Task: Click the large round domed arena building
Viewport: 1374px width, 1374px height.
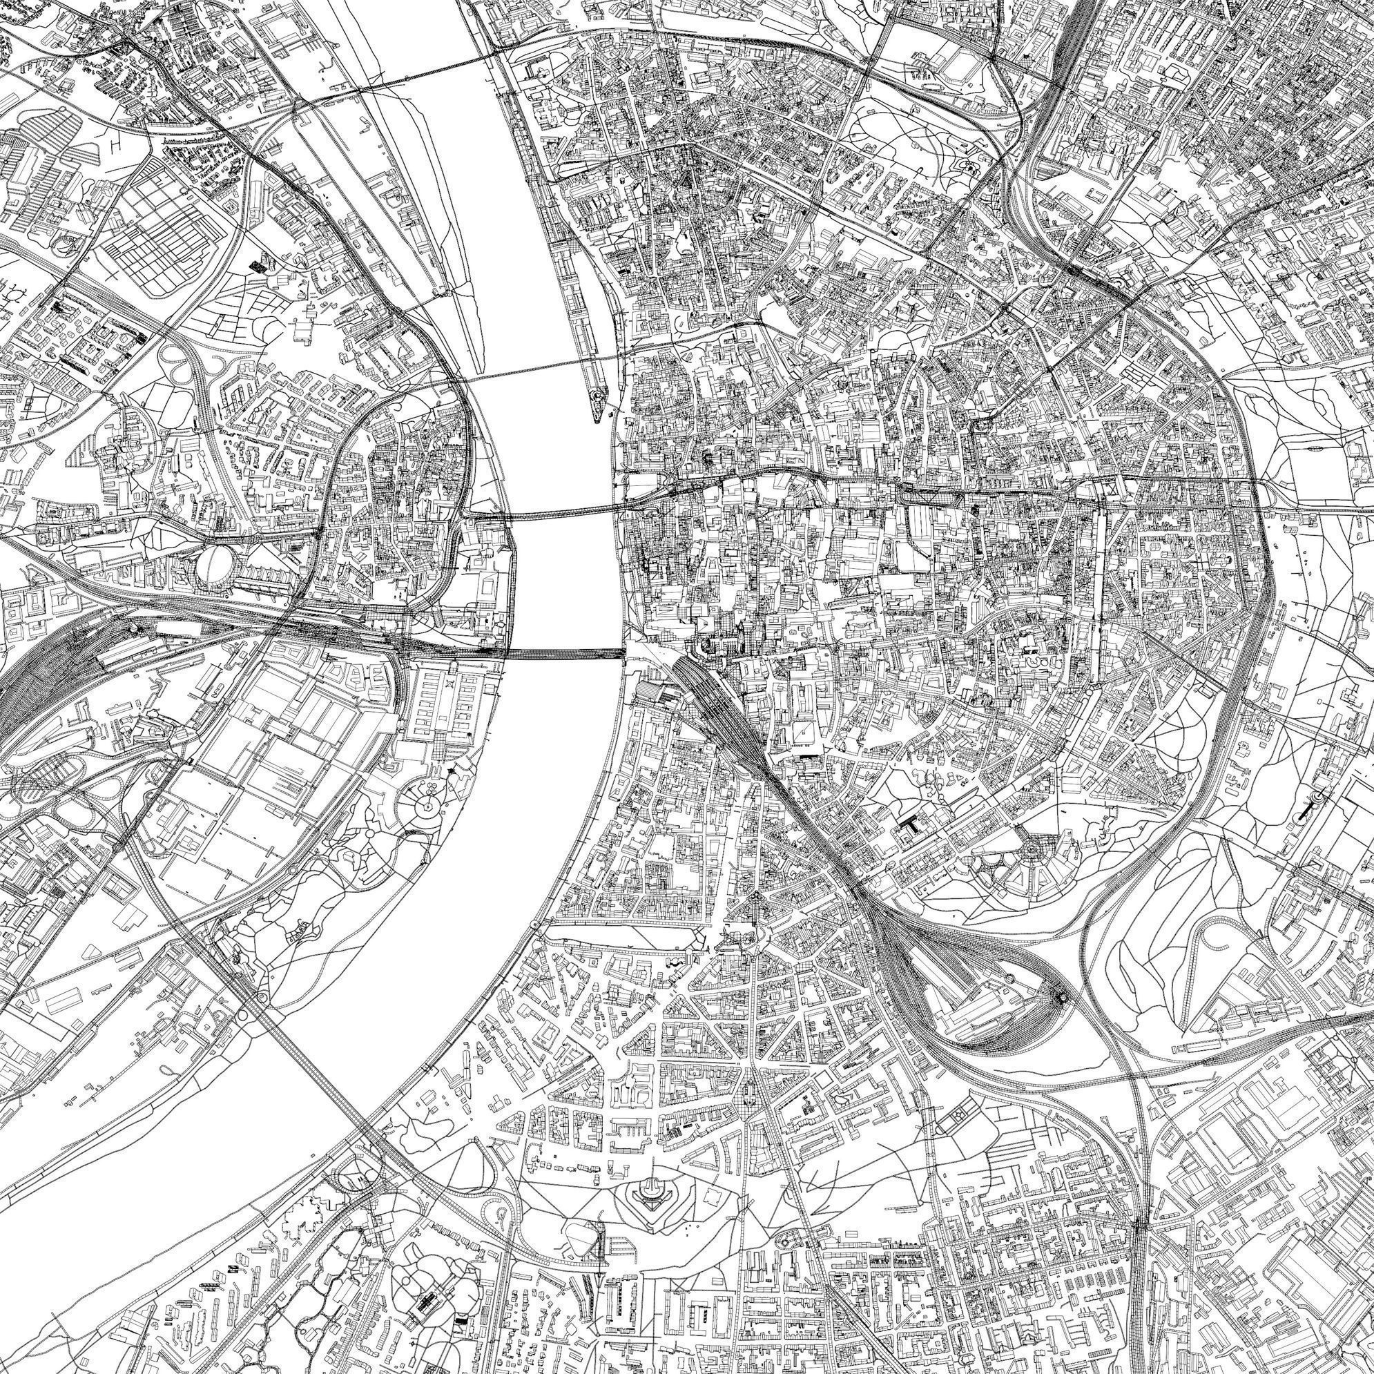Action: click(x=213, y=563)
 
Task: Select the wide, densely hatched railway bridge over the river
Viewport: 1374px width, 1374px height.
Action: click(x=565, y=653)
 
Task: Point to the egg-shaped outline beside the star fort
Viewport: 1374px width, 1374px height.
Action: click(x=582, y=1229)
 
